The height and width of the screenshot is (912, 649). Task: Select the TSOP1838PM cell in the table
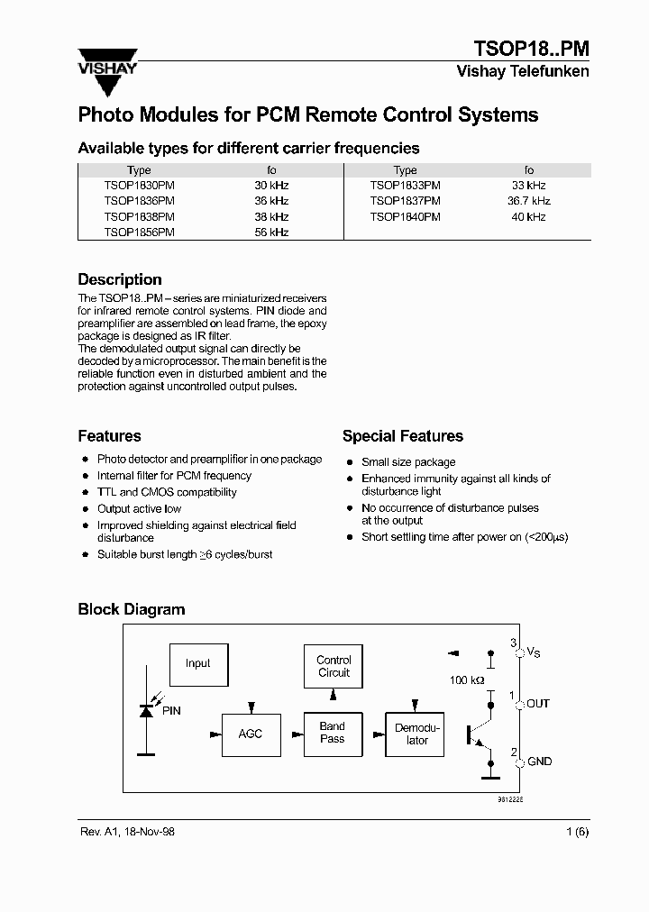tap(139, 216)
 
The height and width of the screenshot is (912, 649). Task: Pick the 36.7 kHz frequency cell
tap(528, 201)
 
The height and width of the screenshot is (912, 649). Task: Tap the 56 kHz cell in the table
tap(271, 232)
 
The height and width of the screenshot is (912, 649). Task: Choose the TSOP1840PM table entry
tap(405, 216)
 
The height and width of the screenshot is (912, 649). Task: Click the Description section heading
tap(120, 279)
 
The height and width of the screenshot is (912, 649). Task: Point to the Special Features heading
tap(402, 436)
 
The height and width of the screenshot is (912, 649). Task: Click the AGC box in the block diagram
tap(251, 734)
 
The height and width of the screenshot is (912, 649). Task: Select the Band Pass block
tap(333, 733)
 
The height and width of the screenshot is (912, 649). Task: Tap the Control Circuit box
tap(334, 666)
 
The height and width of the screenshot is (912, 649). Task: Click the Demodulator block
tap(417, 734)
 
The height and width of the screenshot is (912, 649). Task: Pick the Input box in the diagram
tap(198, 663)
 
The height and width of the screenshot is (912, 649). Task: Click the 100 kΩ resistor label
tap(467, 679)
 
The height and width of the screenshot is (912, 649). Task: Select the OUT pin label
tap(537, 703)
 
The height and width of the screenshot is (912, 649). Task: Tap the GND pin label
tap(539, 762)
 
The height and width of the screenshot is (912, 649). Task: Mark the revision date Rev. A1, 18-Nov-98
tap(126, 832)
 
